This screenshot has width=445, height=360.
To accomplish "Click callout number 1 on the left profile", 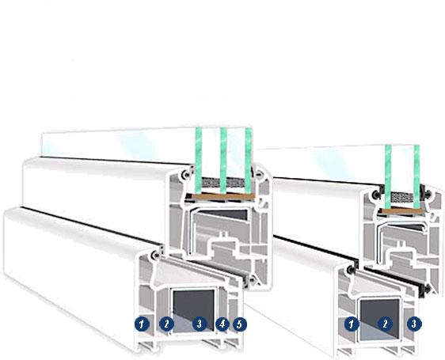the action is pyautogui.click(x=143, y=324).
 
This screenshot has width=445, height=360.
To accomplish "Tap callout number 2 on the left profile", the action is pyautogui.click(x=166, y=324).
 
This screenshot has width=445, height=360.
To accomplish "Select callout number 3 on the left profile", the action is pyautogui.click(x=200, y=324).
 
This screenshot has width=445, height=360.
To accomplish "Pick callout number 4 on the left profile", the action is pyautogui.click(x=222, y=324).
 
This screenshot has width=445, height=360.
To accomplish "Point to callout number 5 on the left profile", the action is pyautogui.click(x=240, y=324).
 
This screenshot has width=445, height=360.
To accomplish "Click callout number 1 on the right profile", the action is pyautogui.click(x=352, y=324).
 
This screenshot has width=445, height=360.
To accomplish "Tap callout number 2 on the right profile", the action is pyautogui.click(x=385, y=324).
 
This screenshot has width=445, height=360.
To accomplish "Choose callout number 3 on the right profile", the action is pyautogui.click(x=414, y=324).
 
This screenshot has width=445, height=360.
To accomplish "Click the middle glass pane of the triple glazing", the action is pyautogui.click(x=223, y=161).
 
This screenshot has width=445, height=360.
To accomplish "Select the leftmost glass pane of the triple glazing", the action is pyautogui.click(x=199, y=161).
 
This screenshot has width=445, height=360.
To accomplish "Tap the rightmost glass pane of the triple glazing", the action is pyautogui.click(x=249, y=161).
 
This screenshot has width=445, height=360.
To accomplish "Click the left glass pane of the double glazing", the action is pyautogui.click(x=388, y=176).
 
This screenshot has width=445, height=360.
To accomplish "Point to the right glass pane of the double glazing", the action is pyautogui.click(x=416, y=176).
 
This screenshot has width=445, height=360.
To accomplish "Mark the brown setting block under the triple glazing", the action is pyautogui.click(x=222, y=196).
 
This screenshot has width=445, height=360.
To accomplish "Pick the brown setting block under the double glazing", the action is pyautogui.click(x=401, y=210).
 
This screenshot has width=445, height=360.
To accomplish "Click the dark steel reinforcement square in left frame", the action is pyautogui.click(x=193, y=310).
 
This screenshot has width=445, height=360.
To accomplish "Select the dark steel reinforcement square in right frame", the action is pyautogui.click(x=380, y=320).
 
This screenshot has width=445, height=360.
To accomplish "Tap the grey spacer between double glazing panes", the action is pyautogui.click(x=402, y=197).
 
